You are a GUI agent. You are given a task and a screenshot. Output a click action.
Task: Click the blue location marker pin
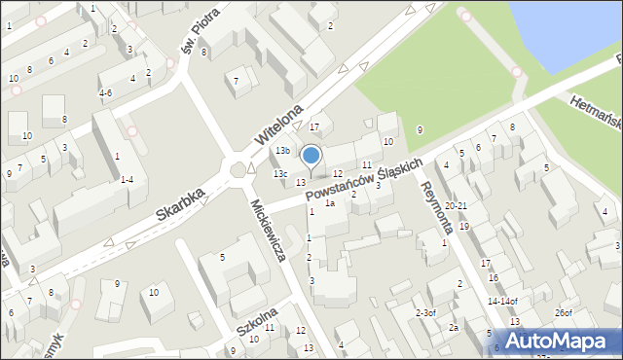(311, 156)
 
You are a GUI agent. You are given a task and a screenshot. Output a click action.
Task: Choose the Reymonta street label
(436, 207)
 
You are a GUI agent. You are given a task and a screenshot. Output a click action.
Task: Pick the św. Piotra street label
(196, 34)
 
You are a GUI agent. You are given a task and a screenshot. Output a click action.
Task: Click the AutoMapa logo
(562, 341)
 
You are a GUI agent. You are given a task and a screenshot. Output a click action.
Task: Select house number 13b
(281, 151)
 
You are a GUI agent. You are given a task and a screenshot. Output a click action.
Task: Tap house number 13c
(280, 173)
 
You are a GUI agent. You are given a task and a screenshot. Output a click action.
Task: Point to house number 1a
(330, 203)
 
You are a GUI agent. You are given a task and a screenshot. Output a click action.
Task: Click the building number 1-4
(127, 179)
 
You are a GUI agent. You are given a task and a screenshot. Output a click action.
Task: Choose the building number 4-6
(106, 93)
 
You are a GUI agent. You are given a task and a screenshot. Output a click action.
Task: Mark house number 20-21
(456, 206)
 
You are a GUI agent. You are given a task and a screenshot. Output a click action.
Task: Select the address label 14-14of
(501, 301)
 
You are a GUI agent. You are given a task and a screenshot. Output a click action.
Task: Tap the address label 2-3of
(425, 312)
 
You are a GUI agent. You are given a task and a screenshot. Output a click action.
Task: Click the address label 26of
(563, 312)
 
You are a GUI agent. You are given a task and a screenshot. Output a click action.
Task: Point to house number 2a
(453, 328)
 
